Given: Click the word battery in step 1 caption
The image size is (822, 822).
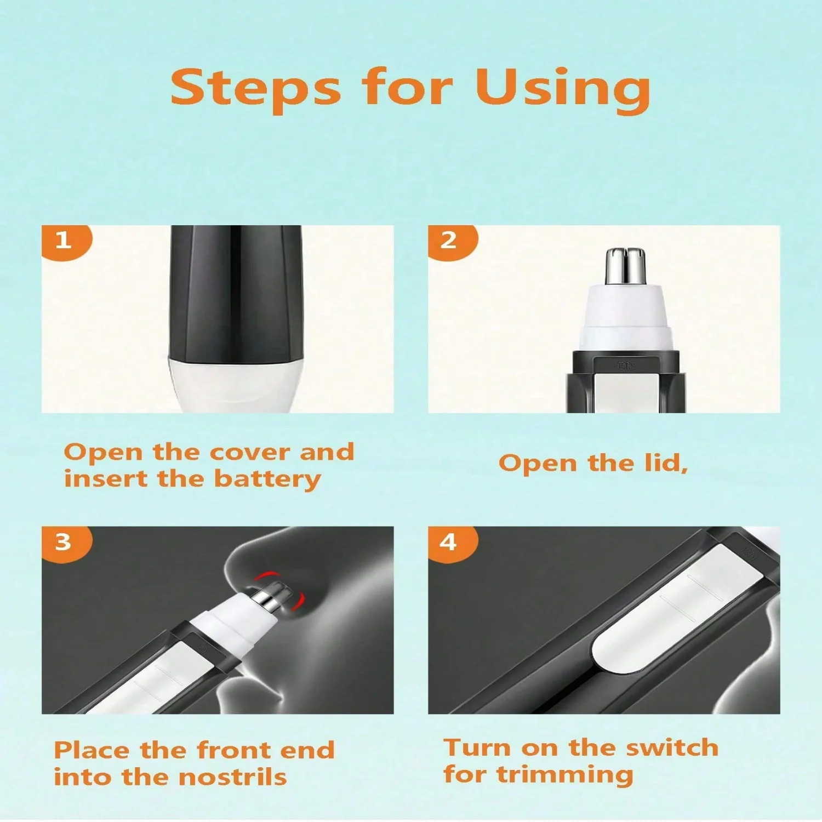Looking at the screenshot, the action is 267,480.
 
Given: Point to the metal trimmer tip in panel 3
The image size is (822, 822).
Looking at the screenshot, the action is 274,597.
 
